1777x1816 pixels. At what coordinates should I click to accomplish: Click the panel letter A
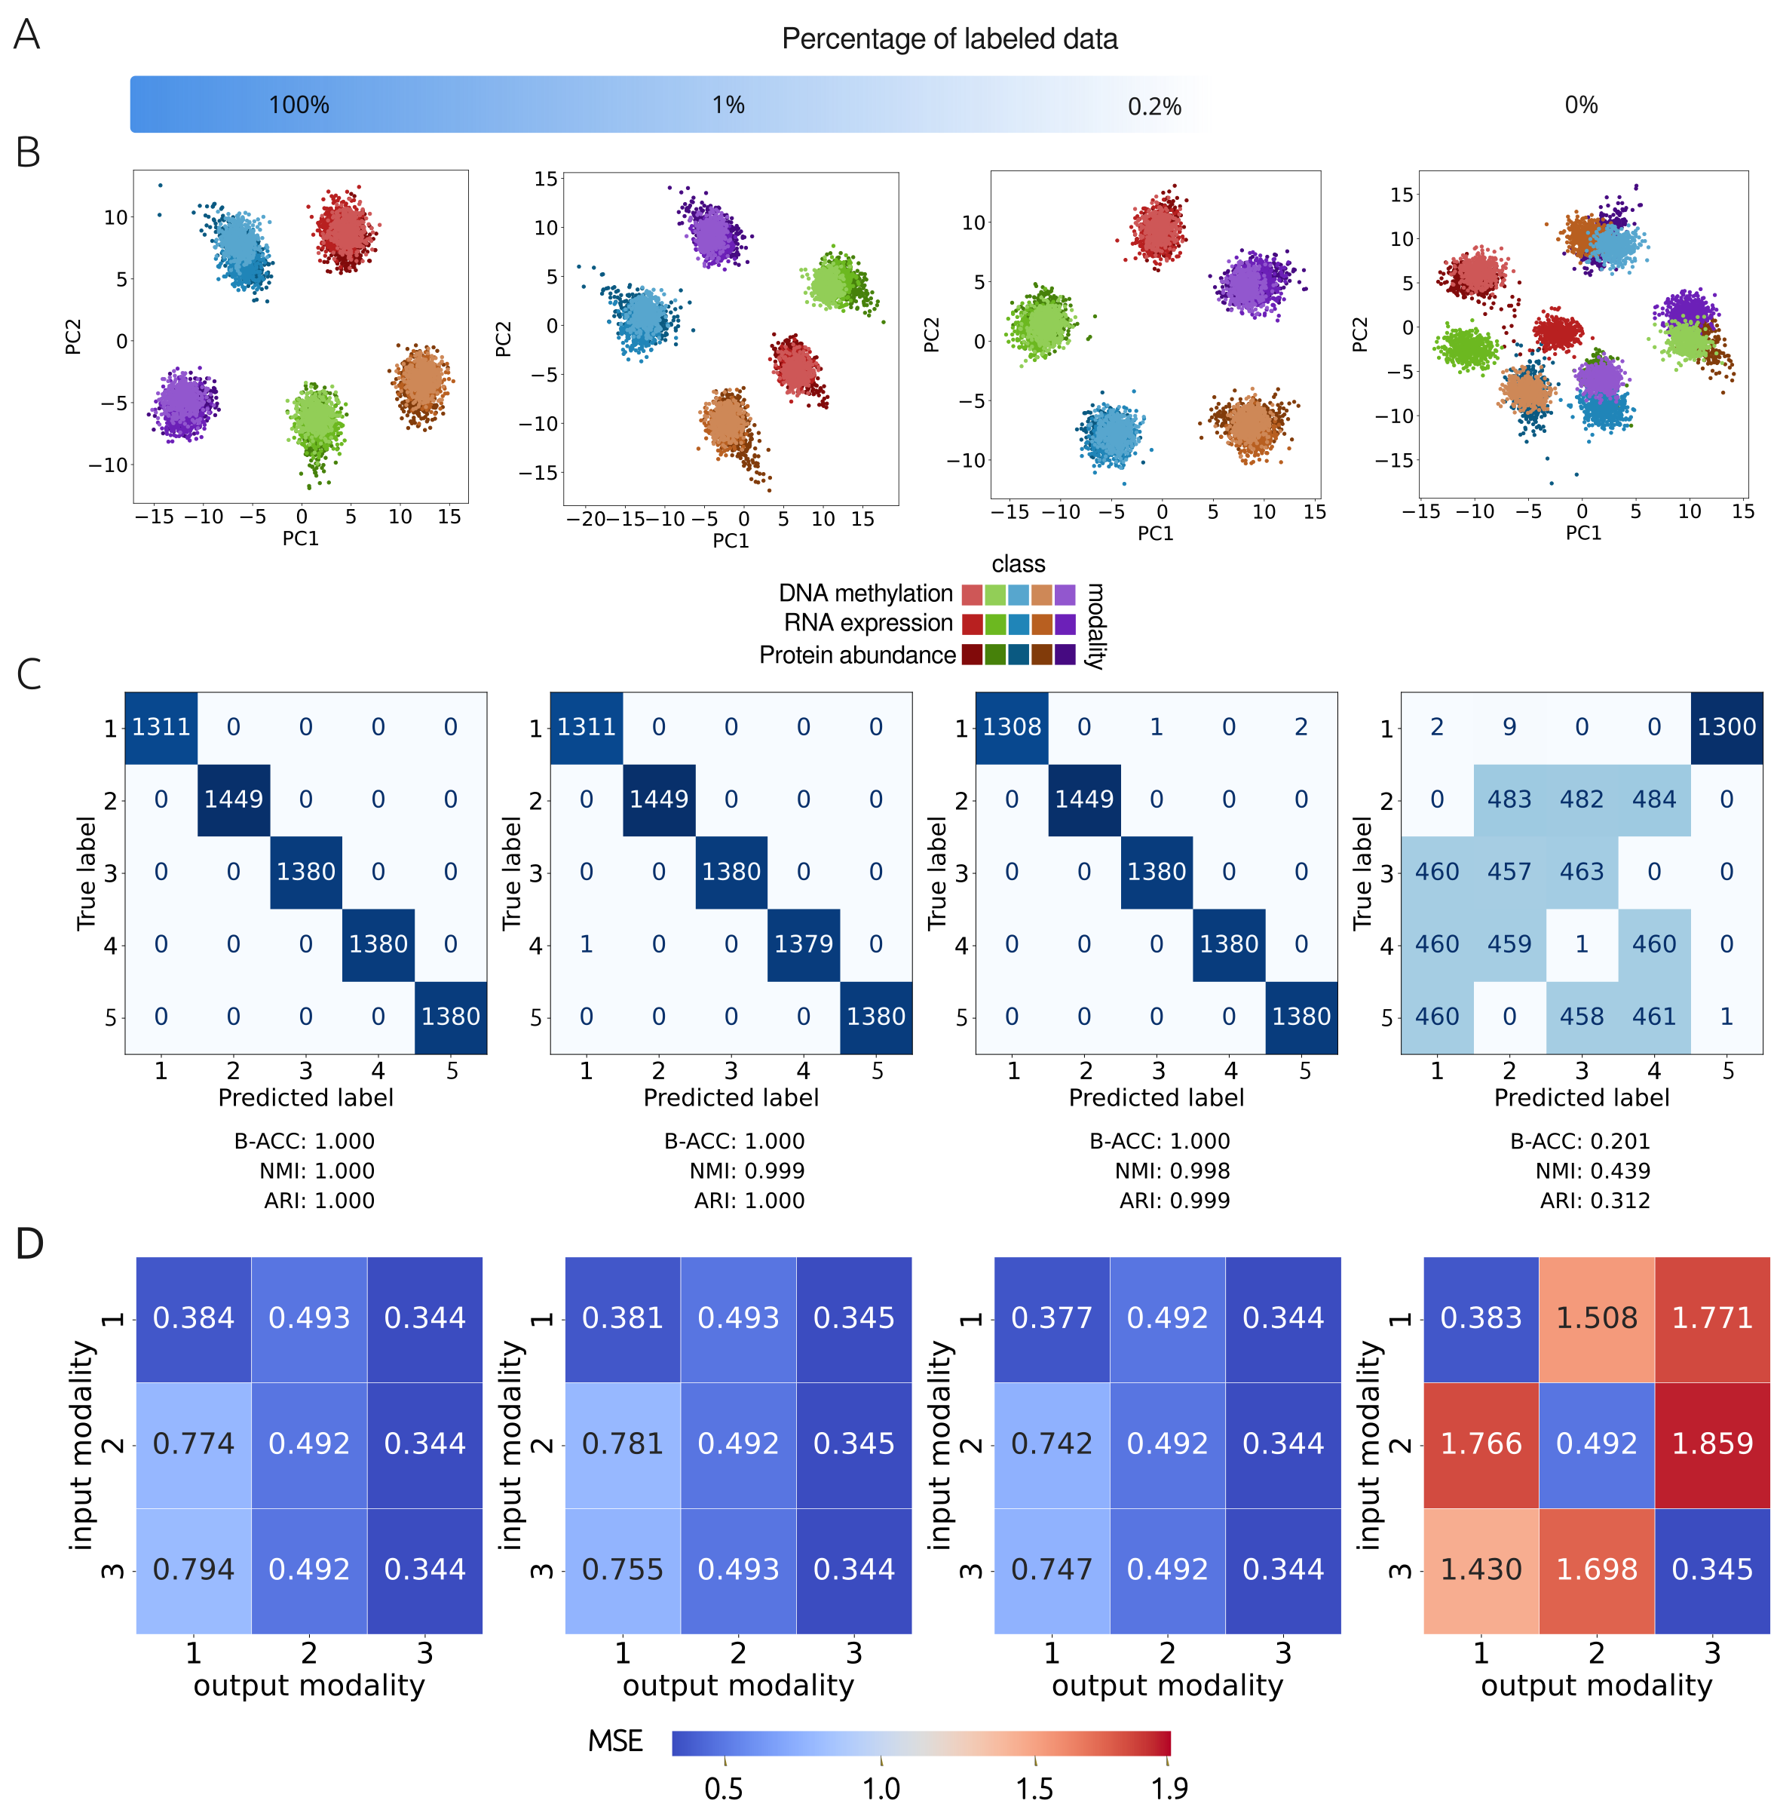27,35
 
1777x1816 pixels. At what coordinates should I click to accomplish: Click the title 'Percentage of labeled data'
949,39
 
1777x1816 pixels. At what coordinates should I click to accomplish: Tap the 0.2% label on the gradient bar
1154,106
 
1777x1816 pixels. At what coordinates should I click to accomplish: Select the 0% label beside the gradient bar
1581,105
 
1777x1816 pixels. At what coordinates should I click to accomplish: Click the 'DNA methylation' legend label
866,594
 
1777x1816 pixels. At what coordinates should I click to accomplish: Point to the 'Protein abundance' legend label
856,655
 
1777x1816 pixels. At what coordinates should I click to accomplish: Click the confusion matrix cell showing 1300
1726,727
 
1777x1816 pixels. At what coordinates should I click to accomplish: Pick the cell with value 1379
803,944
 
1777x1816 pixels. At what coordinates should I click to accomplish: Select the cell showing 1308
1012,727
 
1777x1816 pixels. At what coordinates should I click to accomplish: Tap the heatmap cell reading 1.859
1711,1444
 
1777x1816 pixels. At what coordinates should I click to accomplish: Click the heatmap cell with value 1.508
1596,1318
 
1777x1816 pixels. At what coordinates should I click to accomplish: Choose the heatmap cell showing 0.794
193,1569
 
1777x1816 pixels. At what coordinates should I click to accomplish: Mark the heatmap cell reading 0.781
623,1444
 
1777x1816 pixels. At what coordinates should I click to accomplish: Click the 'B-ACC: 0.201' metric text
1580,1141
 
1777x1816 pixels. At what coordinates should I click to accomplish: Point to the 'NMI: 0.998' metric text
1172,1171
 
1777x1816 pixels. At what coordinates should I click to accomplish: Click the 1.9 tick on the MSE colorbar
1169,1788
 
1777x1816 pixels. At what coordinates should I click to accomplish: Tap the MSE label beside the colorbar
615,1741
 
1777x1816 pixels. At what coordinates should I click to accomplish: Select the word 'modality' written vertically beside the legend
1095,625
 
